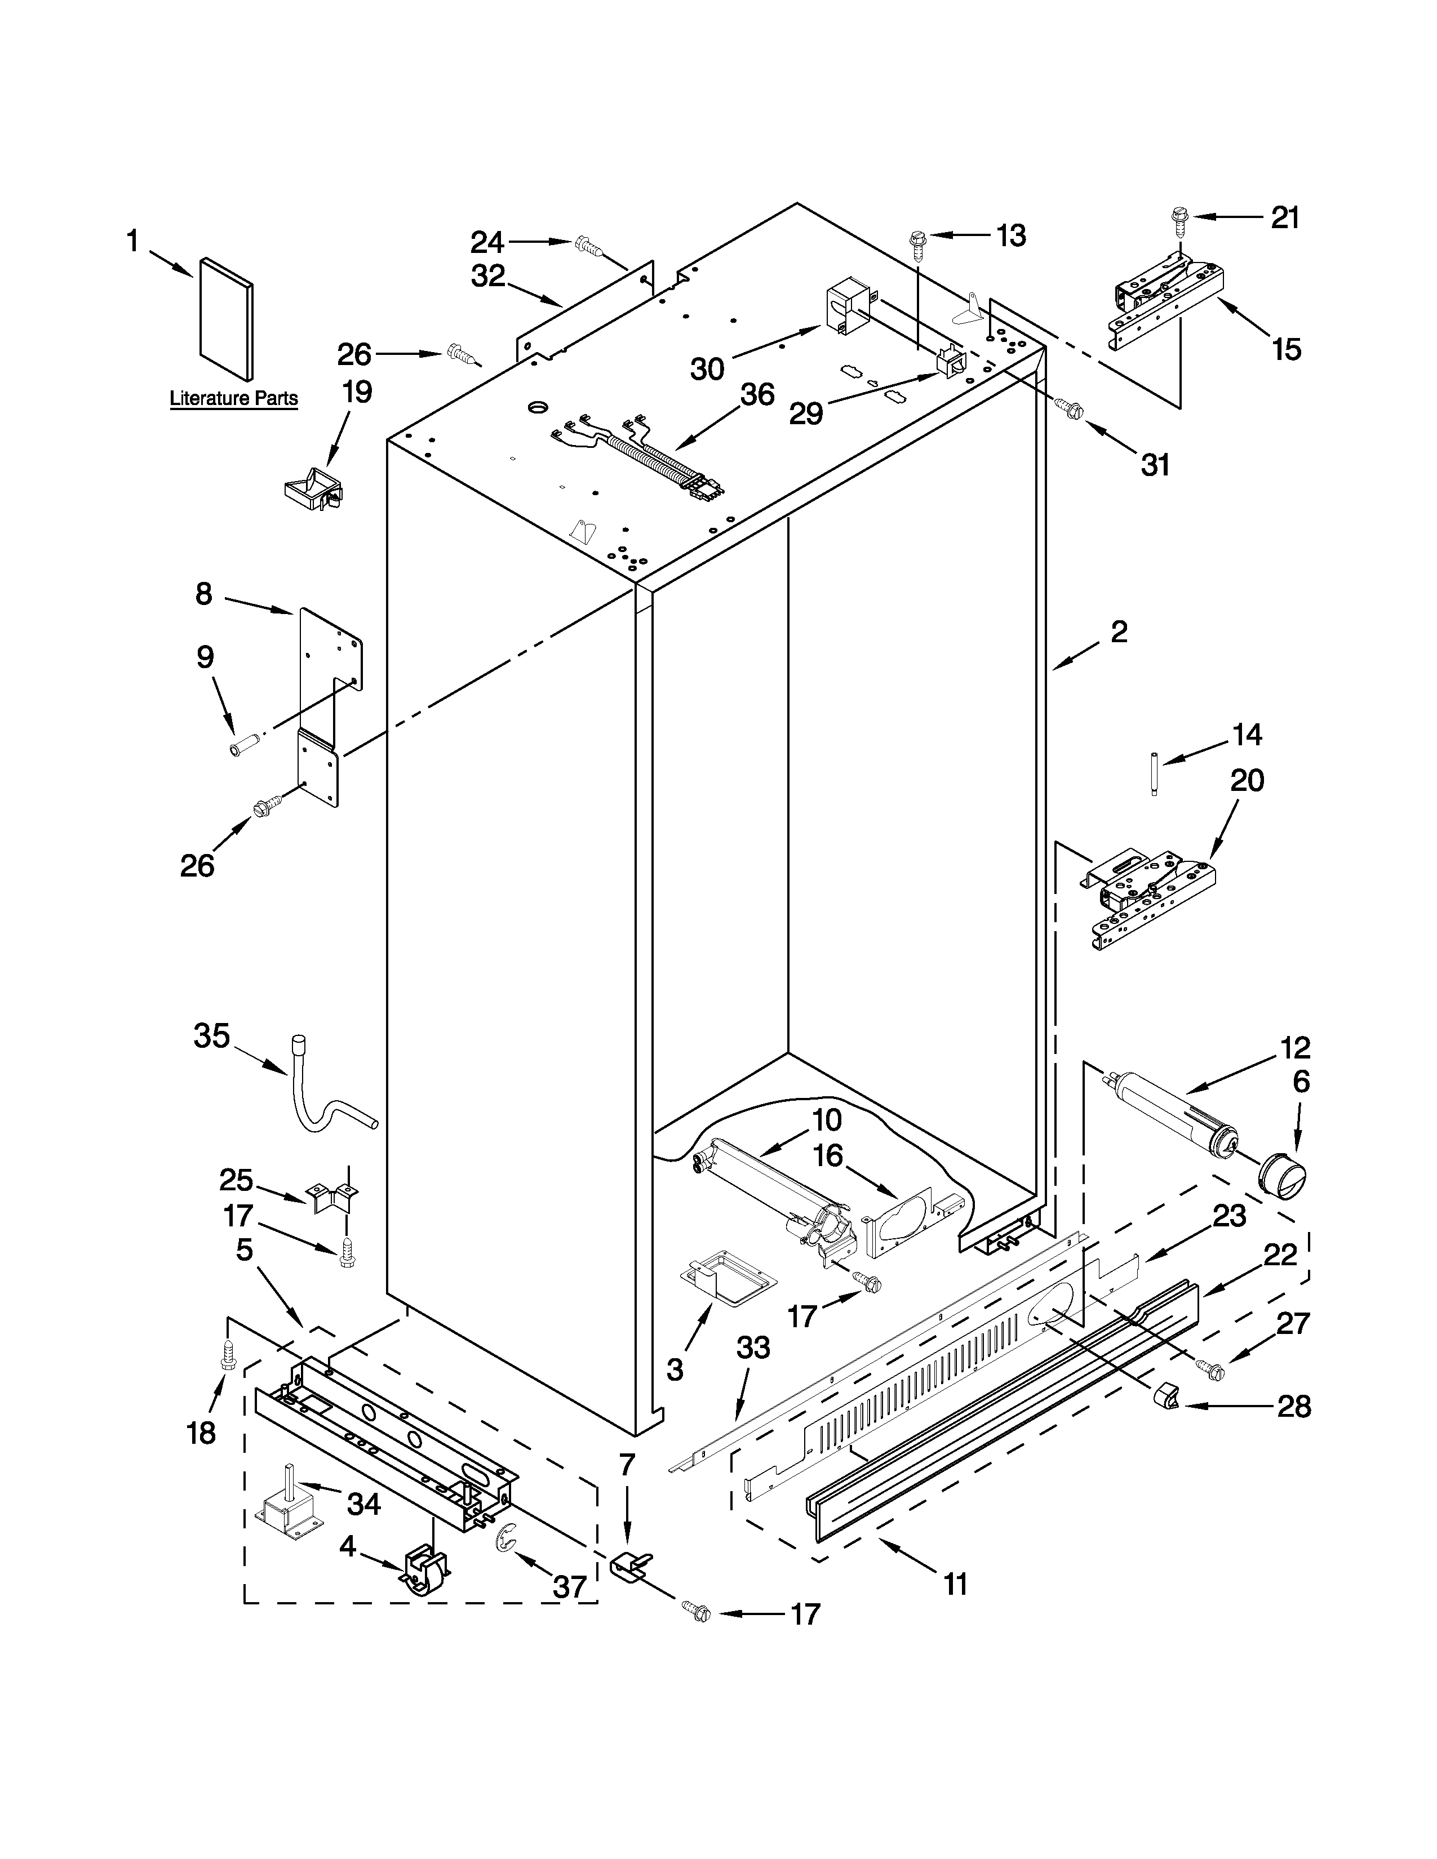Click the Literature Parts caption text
point(234,398)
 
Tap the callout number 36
point(757,395)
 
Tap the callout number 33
point(754,1347)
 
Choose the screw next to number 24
point(589,245)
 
